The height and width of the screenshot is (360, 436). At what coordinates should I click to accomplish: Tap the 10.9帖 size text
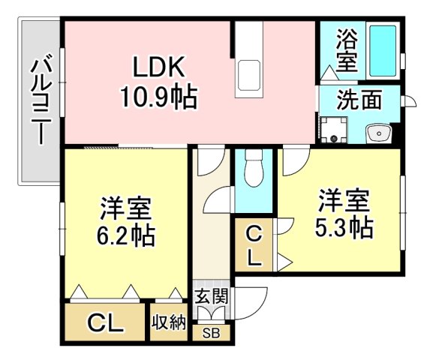click(158, 97)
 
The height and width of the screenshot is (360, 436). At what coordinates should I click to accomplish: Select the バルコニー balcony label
click(40, 102)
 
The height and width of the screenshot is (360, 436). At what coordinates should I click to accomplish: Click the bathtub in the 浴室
click(383, 50)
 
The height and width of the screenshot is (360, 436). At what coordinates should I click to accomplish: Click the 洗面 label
click(359, 99)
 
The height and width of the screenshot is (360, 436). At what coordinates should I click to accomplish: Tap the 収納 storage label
click(169, 323)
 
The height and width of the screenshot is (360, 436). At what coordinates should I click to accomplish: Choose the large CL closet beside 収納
click(104, 323)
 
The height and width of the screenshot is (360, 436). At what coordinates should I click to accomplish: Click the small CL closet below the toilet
click(254, 246)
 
